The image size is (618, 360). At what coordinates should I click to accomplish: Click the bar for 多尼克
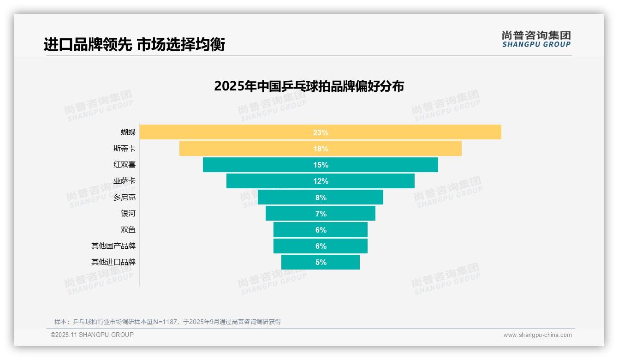coord(286,197)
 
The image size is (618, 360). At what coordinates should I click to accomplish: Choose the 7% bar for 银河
coord(291,213)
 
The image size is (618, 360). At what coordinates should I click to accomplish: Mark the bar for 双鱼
coord(295,229)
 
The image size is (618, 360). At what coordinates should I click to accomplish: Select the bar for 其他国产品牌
coord(295,246)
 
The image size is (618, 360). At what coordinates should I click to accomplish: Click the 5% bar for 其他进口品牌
coord(300,262)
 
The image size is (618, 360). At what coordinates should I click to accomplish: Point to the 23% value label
coord(321,132)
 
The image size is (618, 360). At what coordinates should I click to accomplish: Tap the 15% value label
coord(321,165)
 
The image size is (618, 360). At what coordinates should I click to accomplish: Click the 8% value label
coord(321,198)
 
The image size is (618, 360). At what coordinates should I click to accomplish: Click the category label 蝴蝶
coord(128,132)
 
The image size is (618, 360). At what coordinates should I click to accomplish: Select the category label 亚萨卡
coord(125,181)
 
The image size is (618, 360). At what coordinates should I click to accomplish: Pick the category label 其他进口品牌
coord(113,262)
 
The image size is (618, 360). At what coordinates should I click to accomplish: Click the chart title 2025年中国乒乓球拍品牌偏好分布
coord(309,86)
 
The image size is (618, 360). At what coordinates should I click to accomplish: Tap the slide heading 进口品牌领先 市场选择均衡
coord(134,45)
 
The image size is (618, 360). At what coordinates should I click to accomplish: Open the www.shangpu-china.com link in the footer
coord(537,335)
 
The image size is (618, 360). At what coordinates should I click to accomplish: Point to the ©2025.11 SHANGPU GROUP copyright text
coord(92,335)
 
